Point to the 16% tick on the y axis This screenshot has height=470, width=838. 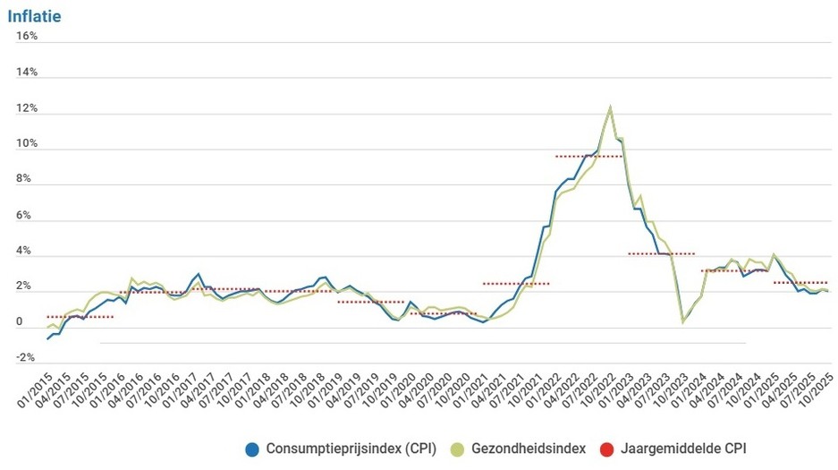click(x=26, y=36)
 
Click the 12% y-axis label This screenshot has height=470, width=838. click(x=26, y=108)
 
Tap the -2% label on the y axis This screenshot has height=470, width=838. click(x=26, y=358)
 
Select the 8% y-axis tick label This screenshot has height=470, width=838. click(x=28, y=179)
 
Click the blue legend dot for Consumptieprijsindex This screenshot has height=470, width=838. click(x=251, y=448)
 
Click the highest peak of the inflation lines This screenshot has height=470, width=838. click(x=610, y=107)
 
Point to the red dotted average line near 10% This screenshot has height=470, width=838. click(x=588, y=157)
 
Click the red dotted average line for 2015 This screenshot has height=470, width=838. click(x=80, y=317)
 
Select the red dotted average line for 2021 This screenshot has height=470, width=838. click(x=515, y=284)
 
